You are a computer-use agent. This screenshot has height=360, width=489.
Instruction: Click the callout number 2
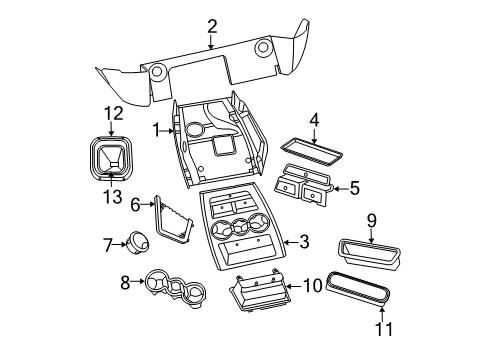point(212,26)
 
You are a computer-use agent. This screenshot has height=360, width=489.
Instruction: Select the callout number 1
point(156,129)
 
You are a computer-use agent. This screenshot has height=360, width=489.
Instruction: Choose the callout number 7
point(109,243)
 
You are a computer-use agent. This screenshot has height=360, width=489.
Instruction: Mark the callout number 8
point(125,283)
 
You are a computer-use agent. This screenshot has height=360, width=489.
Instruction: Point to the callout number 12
point(112,113)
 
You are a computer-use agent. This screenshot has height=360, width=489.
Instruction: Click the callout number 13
point(112,195)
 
